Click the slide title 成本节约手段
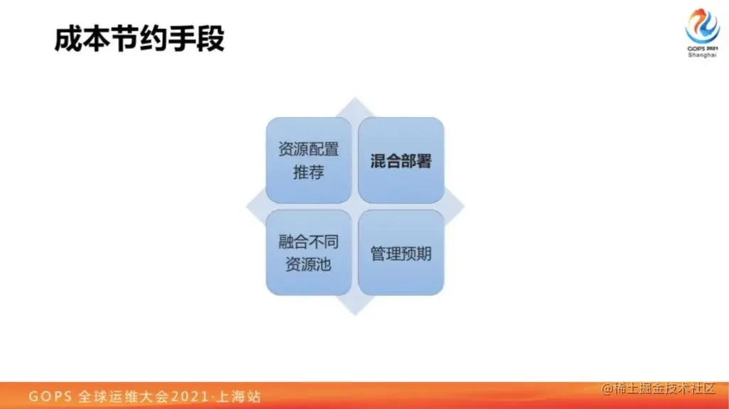pyautogui.click(x=139, y=39)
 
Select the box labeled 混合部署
pyautogui.click(x=401, y=160)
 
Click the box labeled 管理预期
pyautogui.click(x=401, y=253)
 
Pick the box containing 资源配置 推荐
pyautogui.click(x=308, y=160)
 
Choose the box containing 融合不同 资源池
pyautogui.click(x=308, y=253)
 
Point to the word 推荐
pyautogui.click(x=308, y=173)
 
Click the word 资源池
pyautogui.click(x=308, y=265)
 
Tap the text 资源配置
pyautogui.click(x=308, y=150)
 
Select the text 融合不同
pyautogui.click(x=308, y=241)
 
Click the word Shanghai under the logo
pyautogui.click(x=702, y=55)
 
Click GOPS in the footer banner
pyautogui.click(x=48, y=396)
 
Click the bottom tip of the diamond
pyautogui.click(x=355, y=314)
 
